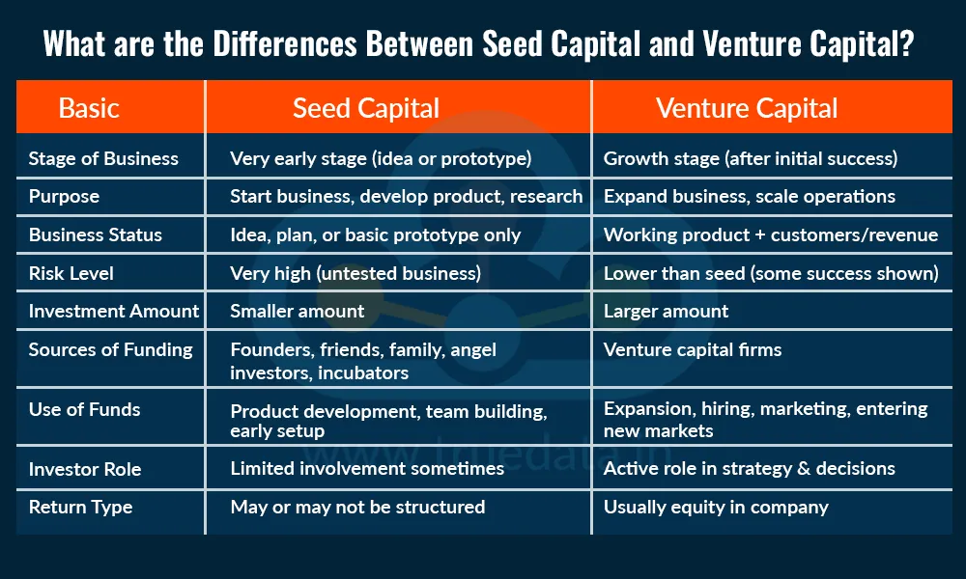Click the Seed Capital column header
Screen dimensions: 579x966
[x=366, y=108]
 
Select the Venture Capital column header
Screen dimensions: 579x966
[x=747, y=108]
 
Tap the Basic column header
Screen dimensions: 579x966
[x=89, y=108]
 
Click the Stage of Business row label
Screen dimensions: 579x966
[x=103, y=158]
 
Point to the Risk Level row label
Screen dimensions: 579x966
[x=71, y=273]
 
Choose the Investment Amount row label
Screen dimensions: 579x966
[x=114, y=311]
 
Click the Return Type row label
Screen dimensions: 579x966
[x=80, y=507]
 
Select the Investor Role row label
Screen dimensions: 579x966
[x=85, y=469]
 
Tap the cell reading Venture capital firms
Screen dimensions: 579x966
[x=693, y=349]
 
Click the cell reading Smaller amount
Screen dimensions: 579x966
[x=298, y=311]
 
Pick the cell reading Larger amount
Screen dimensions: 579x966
[x=667, y=311]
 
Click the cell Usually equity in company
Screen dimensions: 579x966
[x=716, y=507]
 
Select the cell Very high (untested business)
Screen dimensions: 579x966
[x=355, y=273]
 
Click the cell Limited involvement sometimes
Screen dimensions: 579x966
[x=367, y=468]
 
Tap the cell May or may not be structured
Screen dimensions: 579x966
[x=357, y=507]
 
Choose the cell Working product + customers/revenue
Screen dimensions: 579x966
[x=771, y=234]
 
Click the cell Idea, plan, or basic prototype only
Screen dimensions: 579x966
[x=375, y=234]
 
